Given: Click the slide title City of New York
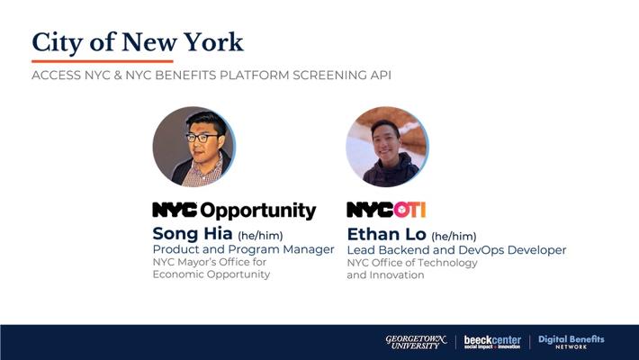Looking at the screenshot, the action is (x=138, y=43).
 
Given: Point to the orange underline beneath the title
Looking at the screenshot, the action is (x=103, y=61).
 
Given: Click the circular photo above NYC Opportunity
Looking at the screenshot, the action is (x=193, y=147).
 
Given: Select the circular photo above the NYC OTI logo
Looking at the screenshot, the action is (x=387, y=147).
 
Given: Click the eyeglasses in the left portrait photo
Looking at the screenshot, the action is (x=202, y=138).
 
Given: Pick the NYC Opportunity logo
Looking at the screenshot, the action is (x=234, y=211).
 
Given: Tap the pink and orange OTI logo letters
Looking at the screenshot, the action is (x=409, y=210).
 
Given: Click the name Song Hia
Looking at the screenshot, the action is (x=193, y=234).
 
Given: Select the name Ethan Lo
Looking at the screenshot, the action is (x=386, y=234).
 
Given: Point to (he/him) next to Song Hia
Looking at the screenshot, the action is (x=260, y=235).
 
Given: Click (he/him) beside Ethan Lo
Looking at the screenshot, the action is (x=454, y=236).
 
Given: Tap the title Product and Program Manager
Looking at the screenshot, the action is (x=243, y=249).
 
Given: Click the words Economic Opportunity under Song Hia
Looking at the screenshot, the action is (x=211, y=274).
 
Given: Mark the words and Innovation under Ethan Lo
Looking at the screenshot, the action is (x=385, y=274).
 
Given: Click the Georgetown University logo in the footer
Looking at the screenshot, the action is (x=416, y=342).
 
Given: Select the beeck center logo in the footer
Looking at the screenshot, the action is (x=492, y=342).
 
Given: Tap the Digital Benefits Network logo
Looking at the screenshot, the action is (x=571, y=342).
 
